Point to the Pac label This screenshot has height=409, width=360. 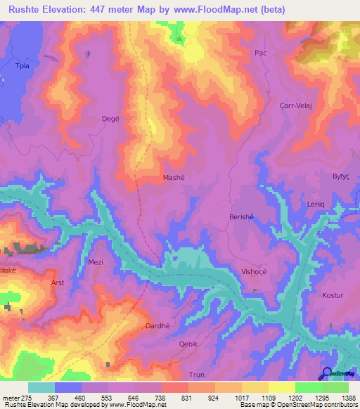click(x=260, y=53)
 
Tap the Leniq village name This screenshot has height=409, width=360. click(x=316, y=204)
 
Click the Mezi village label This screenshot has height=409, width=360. click(x=95, y=261)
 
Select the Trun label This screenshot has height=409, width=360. click(x=196, y=375)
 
